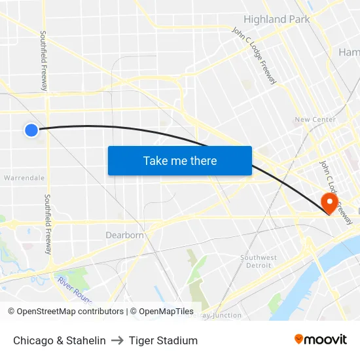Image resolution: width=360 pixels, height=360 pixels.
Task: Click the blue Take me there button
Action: [180, 160]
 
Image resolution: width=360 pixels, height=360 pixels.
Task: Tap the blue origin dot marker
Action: [31, 130]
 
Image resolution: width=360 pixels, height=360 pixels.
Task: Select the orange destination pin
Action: [329, 202]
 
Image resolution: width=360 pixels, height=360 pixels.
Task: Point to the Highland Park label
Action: [277, 20]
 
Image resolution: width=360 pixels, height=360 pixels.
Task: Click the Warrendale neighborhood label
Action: [24, 177]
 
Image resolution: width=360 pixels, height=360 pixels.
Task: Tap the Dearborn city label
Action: [124, 235]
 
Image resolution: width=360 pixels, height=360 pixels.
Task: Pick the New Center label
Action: [315, 120]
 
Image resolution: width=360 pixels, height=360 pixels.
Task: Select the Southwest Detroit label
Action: [259, 261]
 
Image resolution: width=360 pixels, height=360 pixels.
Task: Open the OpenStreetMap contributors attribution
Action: [65, 312]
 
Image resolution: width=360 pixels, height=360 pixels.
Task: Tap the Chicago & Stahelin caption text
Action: [60, 340]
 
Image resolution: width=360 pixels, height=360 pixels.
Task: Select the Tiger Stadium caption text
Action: [163, 340]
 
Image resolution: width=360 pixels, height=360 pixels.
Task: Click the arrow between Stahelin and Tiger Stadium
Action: [117, 340]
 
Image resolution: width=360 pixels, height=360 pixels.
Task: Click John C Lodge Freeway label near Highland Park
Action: [255, 56]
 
